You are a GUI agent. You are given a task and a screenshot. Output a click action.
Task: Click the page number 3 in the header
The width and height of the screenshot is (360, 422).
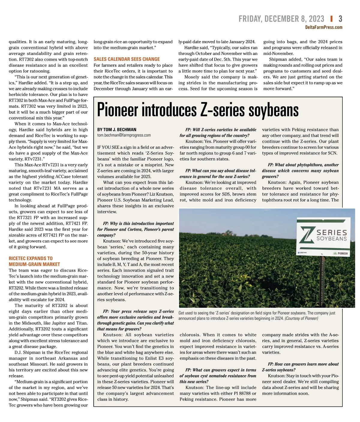pyautogui.click(x=340, y=19)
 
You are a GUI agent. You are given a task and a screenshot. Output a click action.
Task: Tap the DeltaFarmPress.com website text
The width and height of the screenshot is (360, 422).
pyautogui.click(x=323, y=27)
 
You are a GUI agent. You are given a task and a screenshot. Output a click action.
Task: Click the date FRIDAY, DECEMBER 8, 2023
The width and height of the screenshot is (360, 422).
pyautogui.click(x=281, y=19)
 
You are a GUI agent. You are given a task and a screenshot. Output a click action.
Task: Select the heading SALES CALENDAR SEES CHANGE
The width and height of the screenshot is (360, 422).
pyautogui.click(x=127, y=59)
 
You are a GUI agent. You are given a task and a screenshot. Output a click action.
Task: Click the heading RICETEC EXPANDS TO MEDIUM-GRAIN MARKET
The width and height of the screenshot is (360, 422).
pyautogui.click(x=34, y=261)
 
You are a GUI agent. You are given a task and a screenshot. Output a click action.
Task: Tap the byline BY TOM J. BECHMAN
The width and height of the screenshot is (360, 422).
pyautogui.click(x=117, y=129)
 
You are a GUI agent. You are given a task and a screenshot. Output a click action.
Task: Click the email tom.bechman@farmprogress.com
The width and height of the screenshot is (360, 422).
pyautogui.click(x=124, y=135)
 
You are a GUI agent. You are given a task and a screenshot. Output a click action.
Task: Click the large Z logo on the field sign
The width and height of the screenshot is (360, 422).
pyautogui.click(x=306, y=236)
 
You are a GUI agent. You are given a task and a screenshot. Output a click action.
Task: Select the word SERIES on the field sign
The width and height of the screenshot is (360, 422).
pyautogui.click(x=332, y=232)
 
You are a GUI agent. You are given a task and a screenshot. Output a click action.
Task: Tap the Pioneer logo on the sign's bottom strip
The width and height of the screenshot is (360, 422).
pyautogui.click(x=341, y=253)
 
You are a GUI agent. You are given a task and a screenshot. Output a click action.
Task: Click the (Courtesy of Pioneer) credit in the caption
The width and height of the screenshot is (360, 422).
pyautogui.click(x=301, y=318)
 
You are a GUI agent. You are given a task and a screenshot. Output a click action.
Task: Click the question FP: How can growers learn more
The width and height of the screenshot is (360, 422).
pyautogui.click(x=300, y=367)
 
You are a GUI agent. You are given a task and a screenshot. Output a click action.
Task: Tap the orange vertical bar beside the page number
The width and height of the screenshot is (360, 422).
pyautogui.click(x=331, y=19)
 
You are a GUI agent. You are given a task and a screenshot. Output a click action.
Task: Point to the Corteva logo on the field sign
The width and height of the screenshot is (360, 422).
pyautogui.click(x=302, y=253)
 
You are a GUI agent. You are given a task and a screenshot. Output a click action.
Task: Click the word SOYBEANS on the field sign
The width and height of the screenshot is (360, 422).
pyautogui.click(x=332, y=239)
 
